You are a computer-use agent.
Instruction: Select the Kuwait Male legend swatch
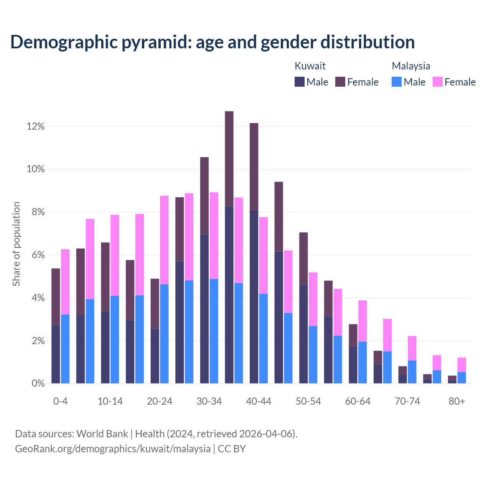coord(300,82)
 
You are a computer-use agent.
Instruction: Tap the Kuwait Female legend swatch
coord(340,82)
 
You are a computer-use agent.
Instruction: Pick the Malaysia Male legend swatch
coord(397,82)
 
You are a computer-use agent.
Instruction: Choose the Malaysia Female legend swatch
coord(438,82)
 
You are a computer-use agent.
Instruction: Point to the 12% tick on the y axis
coord(36,126)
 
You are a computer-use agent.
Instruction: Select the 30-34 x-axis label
coord(209,401)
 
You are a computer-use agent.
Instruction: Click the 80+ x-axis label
coord(457,401)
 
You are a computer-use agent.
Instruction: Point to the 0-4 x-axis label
coord(61,401)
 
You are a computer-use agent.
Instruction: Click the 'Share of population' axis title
coord(16,244)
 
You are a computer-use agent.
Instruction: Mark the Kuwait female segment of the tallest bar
coord(229,158)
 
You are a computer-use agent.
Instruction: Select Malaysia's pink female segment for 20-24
coord(164,240)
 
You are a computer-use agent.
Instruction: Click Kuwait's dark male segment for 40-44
coord(254,297)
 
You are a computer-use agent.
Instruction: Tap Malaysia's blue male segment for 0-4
coord(65,349)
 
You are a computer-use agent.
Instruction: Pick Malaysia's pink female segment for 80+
coord(461,365)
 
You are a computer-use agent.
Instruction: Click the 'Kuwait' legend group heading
coord(310,66)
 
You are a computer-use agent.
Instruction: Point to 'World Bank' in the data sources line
coord(102,434)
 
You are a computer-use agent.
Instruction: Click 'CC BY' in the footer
coord(232,449)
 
